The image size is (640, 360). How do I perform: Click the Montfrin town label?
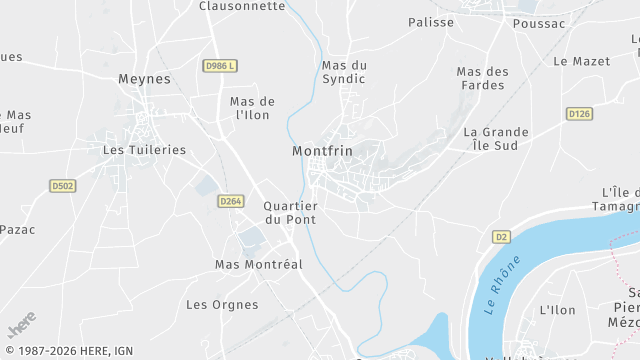323,151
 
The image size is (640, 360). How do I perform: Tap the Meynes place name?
145,79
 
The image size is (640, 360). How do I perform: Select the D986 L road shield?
220,66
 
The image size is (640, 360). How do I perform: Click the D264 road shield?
231,201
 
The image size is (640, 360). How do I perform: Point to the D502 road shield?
63,185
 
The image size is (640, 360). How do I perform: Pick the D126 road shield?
579,114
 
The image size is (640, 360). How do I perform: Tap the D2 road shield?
501,237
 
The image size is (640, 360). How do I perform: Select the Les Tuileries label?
145,150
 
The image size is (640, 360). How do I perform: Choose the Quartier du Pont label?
290,212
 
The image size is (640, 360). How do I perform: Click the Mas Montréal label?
259,264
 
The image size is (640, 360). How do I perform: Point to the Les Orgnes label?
222,304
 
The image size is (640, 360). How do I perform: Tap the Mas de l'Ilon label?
252,108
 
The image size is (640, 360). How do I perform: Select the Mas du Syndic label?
344,72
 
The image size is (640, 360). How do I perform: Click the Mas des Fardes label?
482,78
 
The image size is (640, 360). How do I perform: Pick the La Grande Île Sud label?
490,138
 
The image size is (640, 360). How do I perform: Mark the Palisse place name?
431,22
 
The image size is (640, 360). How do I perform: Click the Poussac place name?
538,23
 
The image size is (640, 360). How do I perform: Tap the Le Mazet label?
581,61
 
